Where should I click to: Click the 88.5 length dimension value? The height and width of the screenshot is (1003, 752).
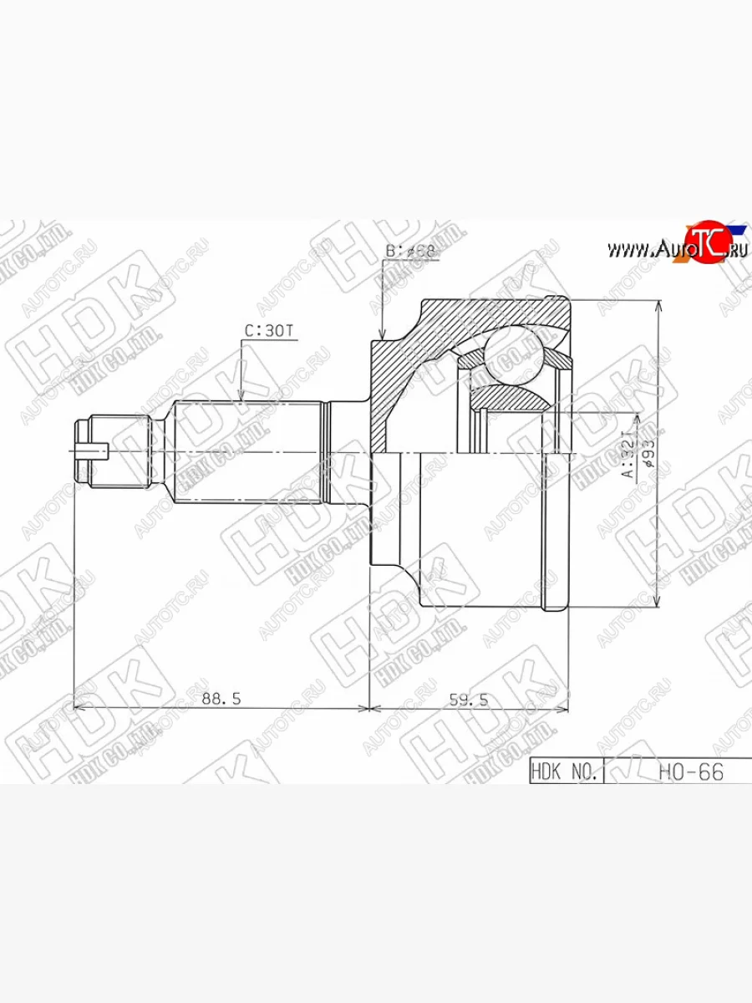coord(221,699)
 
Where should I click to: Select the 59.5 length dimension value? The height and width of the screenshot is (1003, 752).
coord(468,700)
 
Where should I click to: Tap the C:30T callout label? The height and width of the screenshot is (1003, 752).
coord(269,331)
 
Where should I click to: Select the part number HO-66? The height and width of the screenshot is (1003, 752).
coord(690,771)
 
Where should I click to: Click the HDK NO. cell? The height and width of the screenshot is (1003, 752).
coord(565,771)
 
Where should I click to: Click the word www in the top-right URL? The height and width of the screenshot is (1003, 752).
coord(624,249)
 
